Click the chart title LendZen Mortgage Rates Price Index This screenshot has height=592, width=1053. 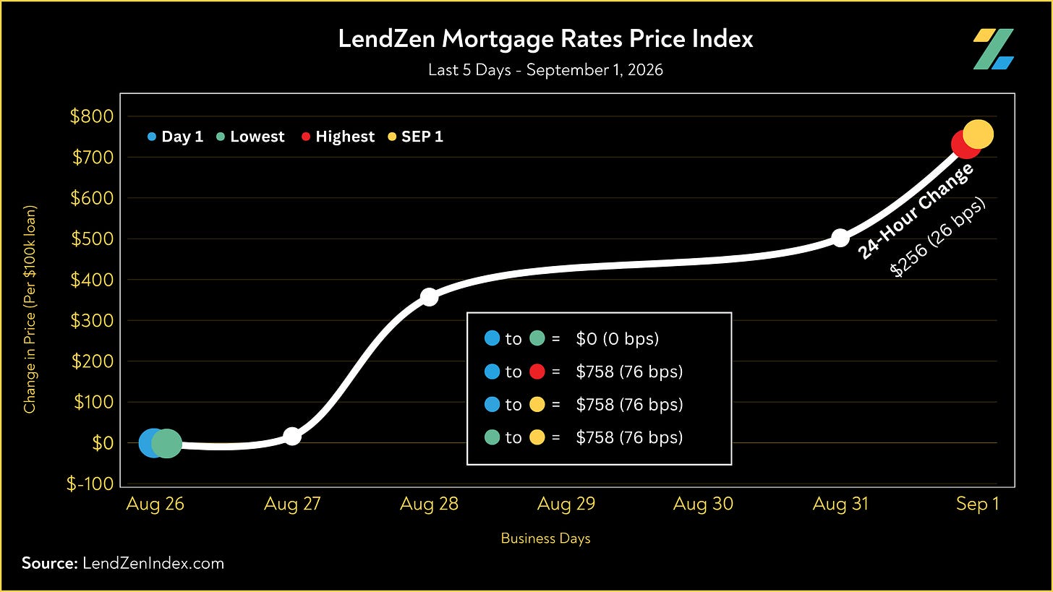coord(545,38)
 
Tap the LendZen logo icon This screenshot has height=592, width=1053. coord(993,49)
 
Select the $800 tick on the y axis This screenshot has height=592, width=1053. coord(92,116)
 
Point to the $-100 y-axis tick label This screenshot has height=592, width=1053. coord(90,484)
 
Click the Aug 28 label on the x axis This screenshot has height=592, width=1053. coord(429,504)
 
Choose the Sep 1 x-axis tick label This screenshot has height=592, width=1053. coord(977,504)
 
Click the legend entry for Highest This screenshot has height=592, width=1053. coord(338,137)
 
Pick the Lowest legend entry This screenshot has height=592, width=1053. coord(250,137)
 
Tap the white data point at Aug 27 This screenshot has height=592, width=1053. coord(292,437)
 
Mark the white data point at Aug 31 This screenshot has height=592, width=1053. coord(840,239)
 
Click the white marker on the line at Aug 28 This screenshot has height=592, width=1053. coord(429,297)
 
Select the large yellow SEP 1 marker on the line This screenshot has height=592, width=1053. coord(979,134)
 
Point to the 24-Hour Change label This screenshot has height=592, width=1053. coord(915,211)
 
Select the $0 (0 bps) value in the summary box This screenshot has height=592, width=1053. coord(617,338)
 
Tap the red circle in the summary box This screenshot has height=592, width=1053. coord(537,372)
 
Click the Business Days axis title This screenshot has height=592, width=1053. coord(545,539)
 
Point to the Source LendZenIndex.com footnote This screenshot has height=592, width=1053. coord(123,563)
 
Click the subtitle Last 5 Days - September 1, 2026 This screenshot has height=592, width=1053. coord(545,70)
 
